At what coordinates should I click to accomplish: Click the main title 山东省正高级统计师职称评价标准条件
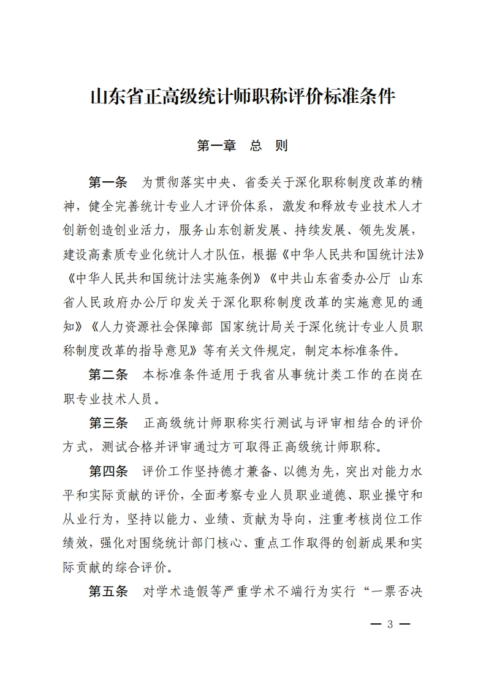(x=243, y=97)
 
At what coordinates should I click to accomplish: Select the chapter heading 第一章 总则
(x=243, y=146)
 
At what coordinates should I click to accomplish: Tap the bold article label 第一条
(x=108, y=182)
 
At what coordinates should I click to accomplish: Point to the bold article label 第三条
(x=108, y=423)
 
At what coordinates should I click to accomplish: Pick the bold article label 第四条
(x=108, y=471)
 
